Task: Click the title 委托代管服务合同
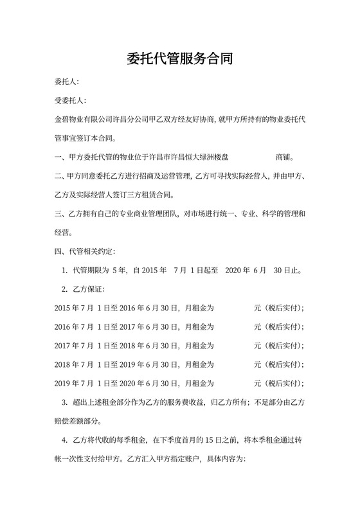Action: click(179, 60)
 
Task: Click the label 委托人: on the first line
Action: click(67, 82)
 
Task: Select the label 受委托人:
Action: click(71, 101)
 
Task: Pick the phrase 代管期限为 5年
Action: click(100, 270)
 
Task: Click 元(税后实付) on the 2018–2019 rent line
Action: click(279, 364)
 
